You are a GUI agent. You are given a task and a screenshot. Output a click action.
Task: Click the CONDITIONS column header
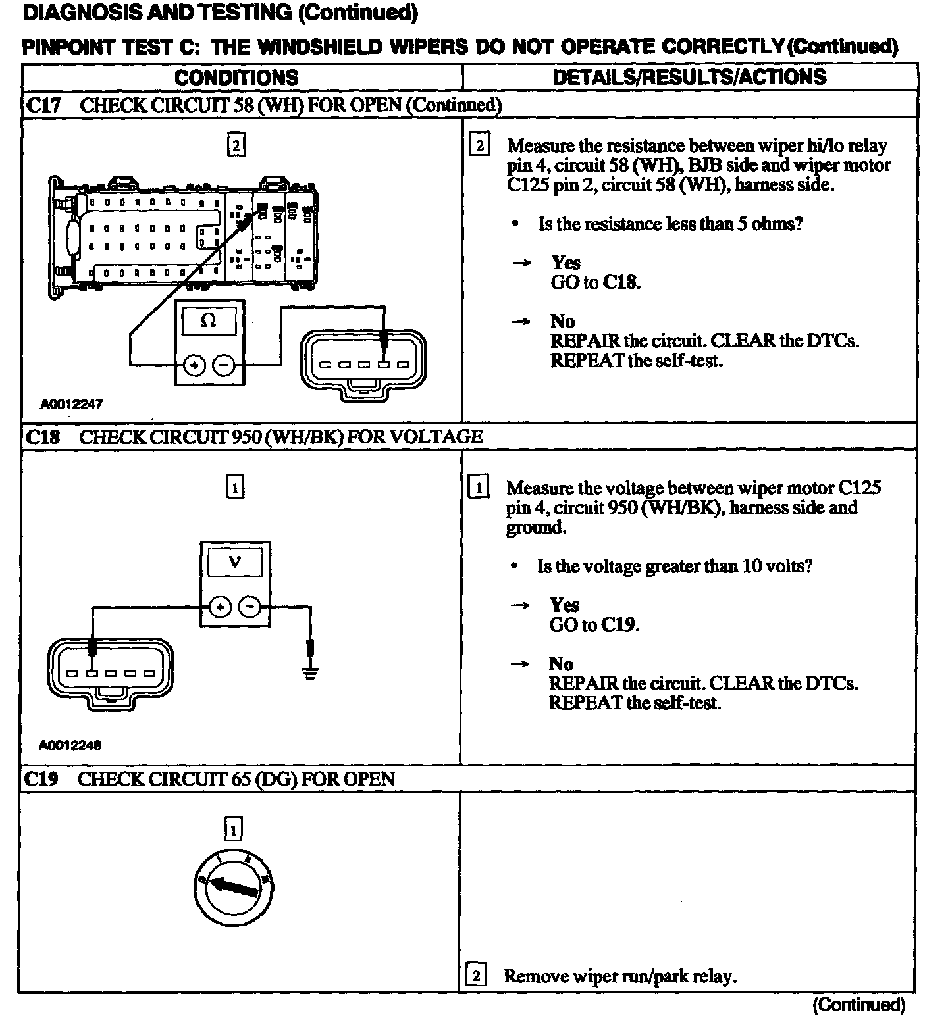click(236, 77)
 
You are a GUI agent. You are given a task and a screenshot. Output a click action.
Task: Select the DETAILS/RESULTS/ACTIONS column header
click(689, 77)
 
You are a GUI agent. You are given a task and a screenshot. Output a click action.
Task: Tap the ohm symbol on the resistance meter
click(208, 321)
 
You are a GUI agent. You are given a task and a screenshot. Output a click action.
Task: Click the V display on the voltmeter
click(234, 563)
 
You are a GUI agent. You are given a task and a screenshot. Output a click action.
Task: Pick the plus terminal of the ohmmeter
click(194, 365)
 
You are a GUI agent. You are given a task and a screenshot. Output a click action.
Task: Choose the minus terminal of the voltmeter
click(250, 607)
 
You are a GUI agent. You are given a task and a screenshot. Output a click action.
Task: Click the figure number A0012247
click(72, 404)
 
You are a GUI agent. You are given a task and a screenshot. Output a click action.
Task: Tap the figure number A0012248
click(70, 745)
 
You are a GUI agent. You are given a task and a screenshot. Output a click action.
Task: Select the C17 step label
click(43, 106)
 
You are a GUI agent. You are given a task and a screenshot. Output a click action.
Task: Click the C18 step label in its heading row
click(43, 438)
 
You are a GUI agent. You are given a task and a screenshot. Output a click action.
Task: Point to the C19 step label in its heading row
click(41, 780)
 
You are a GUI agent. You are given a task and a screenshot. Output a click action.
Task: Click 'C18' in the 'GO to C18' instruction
click(621, 282)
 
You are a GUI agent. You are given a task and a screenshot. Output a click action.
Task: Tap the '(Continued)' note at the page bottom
click(858, 1005)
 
